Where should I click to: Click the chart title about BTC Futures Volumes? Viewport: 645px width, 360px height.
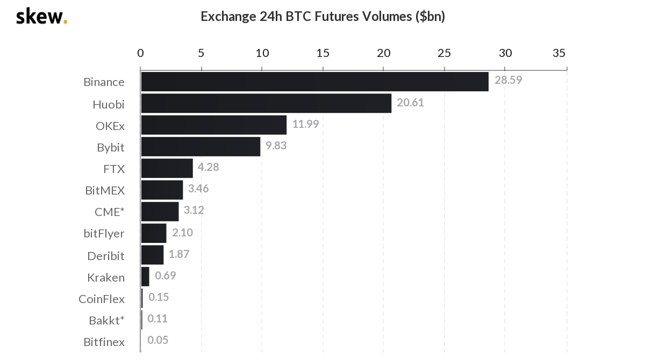pos(322,16)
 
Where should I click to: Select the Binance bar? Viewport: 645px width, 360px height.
pos(314,82)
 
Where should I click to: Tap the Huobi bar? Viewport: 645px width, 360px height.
pos(266,103)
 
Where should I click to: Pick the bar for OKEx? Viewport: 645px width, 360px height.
pos(213,125)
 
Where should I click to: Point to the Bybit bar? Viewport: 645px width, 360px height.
pos(200,147)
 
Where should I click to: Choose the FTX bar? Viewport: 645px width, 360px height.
pos(167,168)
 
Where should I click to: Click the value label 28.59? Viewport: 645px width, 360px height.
pos(508,80)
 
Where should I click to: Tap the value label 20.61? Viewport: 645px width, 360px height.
pos(410,102)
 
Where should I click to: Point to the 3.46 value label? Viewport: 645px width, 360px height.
pos(198,189)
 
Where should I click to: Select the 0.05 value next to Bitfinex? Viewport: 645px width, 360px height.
pos(158,340)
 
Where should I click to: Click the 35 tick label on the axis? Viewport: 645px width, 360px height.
pos(559,53)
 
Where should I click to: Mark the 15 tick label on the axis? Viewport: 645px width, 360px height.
pos(322,53)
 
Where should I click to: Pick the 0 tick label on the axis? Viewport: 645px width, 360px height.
pos(140,53)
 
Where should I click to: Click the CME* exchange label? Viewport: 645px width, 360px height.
pos(109,212)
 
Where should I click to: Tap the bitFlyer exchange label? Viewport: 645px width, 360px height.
pos(104,234)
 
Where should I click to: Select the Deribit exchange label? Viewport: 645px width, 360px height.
pos(106,256)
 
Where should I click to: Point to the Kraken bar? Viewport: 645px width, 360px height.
pos(145,277)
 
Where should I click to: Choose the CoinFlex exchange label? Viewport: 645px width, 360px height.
pos(102,299)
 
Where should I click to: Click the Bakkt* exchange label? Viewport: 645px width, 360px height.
pos(106,321)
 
